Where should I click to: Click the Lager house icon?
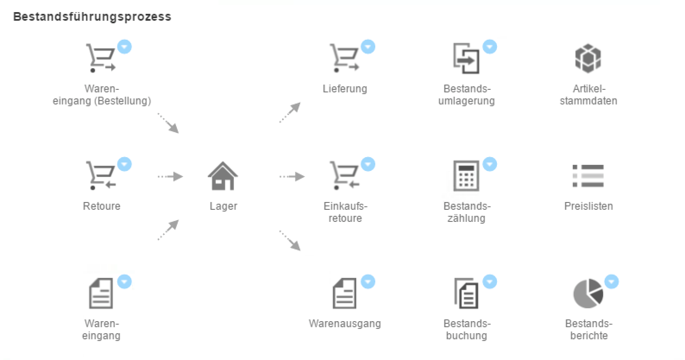coord(223,176)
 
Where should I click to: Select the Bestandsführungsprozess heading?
coord(92,17)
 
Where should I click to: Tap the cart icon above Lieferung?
coord(344,58)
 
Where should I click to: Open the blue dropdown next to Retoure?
coord(125,164)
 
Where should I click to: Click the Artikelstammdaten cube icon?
coord(588,59)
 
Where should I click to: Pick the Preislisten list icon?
coord(588,176)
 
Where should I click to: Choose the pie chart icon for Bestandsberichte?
coord(588,294)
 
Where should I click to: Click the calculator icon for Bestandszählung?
coord(466,176)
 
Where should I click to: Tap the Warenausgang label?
coord(345,324)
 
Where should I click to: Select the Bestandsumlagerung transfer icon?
coord(466,59)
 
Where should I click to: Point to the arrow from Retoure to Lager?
coord(170,177)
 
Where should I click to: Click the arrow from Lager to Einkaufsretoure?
coord(292,177)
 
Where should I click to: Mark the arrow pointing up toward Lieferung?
coord(290,113)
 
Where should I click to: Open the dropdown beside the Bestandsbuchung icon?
coord(490,281)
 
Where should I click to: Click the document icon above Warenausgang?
coord(344,294)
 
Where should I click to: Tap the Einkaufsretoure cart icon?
coord(344,176)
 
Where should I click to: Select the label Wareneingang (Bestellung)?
coord(102,95)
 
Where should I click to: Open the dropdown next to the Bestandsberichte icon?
coord(611,281)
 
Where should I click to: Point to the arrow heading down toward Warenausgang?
coord(290,240)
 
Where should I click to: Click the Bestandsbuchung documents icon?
coord(466,294)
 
